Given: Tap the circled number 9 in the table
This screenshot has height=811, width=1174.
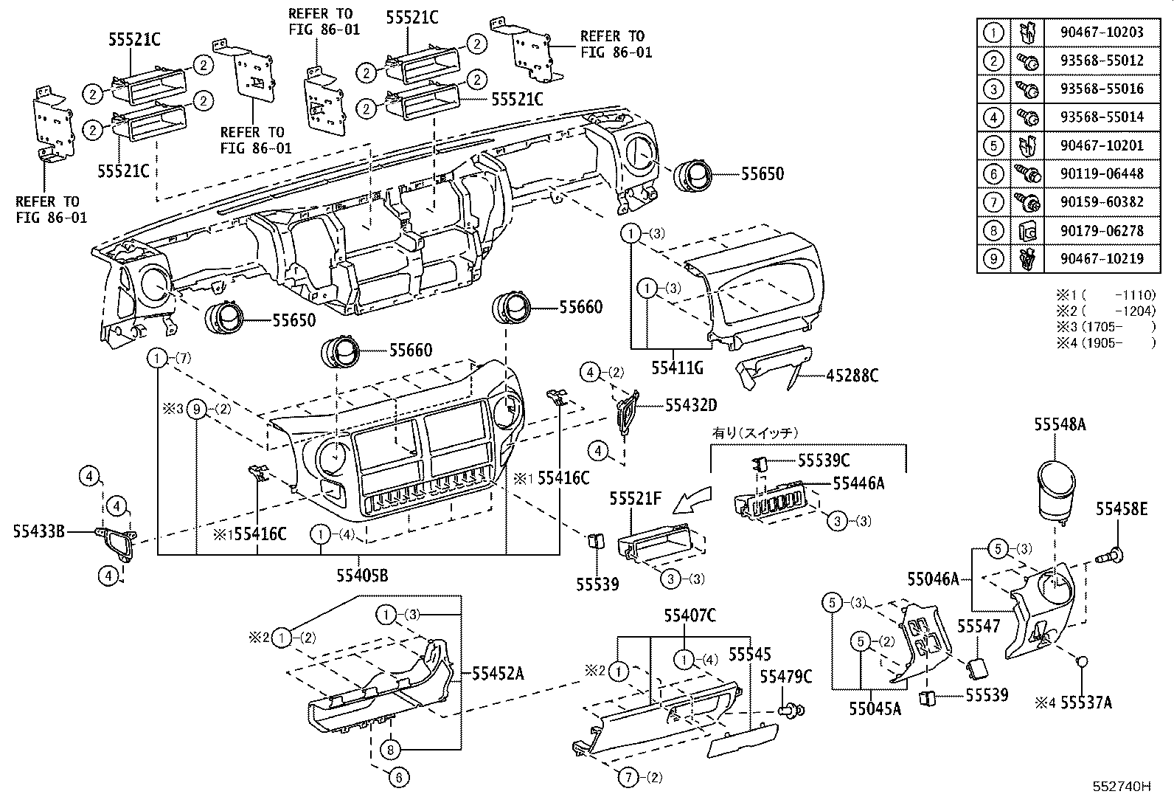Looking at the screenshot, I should pos(994,259).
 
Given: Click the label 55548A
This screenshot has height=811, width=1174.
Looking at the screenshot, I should pos(1060,425).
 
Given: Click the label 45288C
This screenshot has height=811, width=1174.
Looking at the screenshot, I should pos(851,376).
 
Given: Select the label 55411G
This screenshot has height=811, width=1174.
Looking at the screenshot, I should pos(677,366).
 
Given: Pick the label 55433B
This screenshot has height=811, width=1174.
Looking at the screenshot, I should pos(39,531).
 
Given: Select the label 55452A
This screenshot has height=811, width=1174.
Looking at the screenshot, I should pos(497,673).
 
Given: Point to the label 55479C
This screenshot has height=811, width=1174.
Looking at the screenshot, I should pos(786,677).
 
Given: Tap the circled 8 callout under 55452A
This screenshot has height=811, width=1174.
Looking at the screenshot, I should pos(391,750).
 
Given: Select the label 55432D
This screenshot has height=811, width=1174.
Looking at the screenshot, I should pos(691,405).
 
